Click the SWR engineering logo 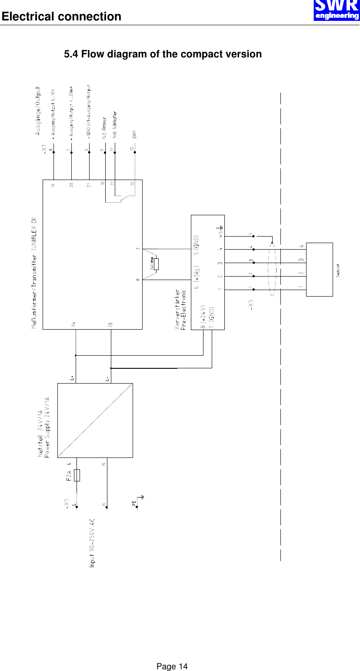point(337,10)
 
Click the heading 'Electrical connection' point(61,17)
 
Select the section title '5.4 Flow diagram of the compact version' point(163,54)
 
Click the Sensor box point(320,269)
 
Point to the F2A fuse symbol point(77,475)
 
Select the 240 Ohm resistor point(156,264)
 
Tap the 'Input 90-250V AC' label point(92,542)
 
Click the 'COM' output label point(135,134)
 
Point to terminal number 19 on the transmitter point(53,185)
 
